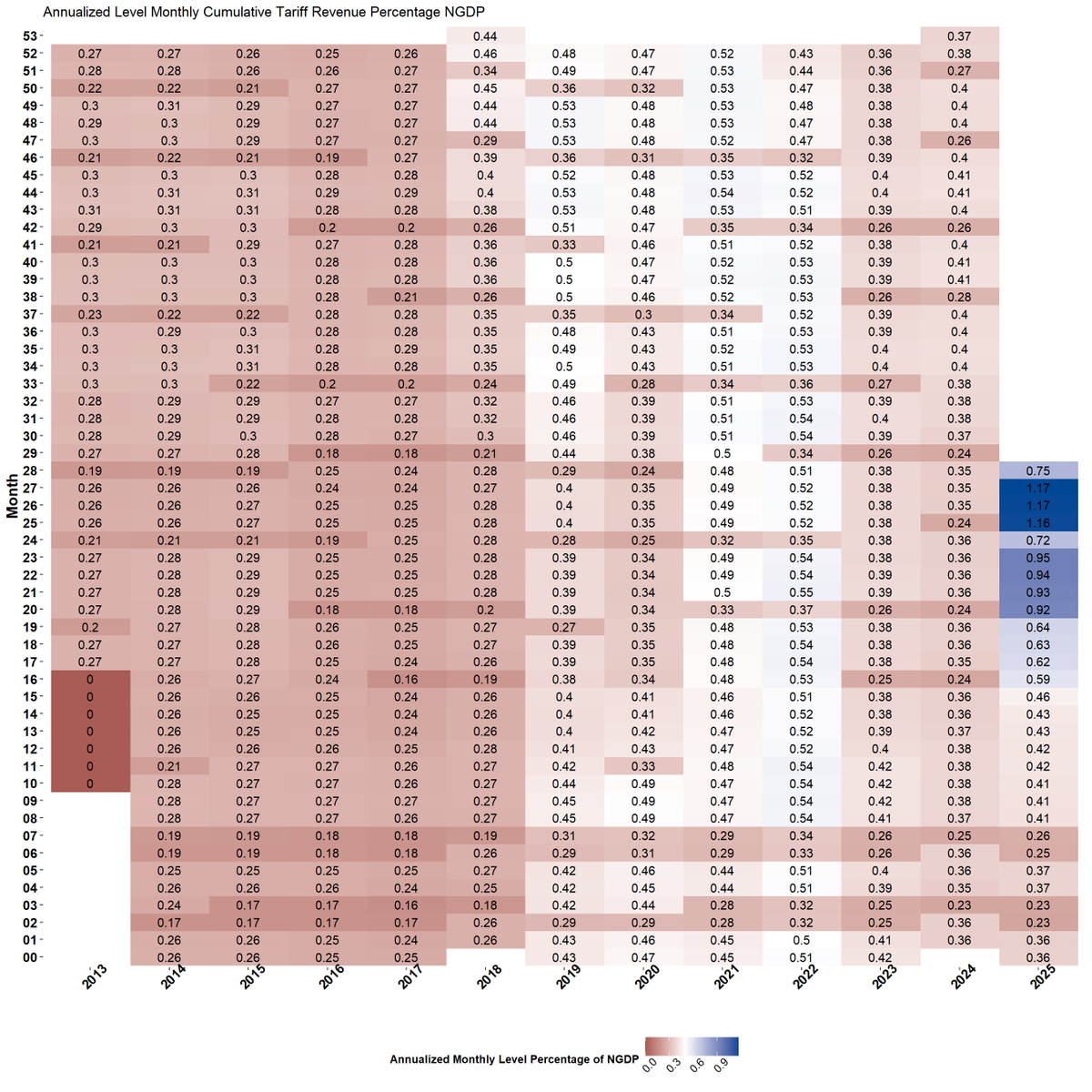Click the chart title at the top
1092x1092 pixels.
pos(264,12)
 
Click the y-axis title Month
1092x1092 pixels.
pos(13,496)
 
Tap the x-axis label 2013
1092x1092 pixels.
pos(94,976)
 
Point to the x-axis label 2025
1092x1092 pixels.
pos(1043,976)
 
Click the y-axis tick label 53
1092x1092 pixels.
pos(31,36)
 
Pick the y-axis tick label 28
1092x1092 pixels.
pos(31,471)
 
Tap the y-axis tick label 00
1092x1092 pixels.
pos(31,957)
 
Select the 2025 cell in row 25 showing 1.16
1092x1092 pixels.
pos(1038,523)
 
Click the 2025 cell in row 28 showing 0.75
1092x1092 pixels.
pos(1038,471)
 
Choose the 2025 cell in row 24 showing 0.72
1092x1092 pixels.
pos(1038,541)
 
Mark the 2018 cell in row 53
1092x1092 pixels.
pos(485,36)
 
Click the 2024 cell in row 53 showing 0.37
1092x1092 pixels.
pos(959,36)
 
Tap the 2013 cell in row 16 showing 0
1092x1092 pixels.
pos(90,680)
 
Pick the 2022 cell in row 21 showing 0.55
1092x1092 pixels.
pos(801,592)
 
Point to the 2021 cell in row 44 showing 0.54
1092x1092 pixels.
pos(722,193)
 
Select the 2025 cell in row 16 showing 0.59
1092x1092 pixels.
pos(1038,680)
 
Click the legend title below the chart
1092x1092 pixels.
pos(514,1059)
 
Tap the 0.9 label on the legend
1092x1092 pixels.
pos(720,1065)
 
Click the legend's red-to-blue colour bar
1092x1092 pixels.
pos(692,1046)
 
